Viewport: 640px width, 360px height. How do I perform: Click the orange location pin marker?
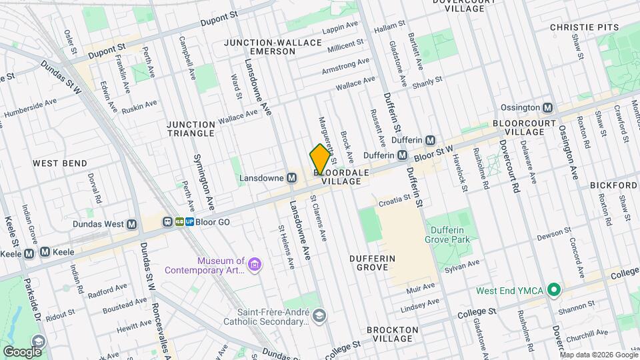[320, 159]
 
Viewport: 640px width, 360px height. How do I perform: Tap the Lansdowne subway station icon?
[291, 178]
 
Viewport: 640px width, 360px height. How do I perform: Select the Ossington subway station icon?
[548, 108]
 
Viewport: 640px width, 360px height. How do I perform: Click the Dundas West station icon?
[132, 225]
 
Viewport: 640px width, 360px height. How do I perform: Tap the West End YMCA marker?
[553, 290]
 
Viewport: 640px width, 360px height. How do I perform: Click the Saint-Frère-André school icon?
[320, 315]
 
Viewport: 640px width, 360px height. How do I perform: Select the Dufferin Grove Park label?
[448, 234]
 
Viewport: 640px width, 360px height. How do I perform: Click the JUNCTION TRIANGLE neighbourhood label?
[191, 129]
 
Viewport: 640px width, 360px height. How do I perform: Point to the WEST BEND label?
[59, 163]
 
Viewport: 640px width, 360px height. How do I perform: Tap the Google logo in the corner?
[21, 351]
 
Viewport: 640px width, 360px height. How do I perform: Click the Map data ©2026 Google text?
[599, 355]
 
